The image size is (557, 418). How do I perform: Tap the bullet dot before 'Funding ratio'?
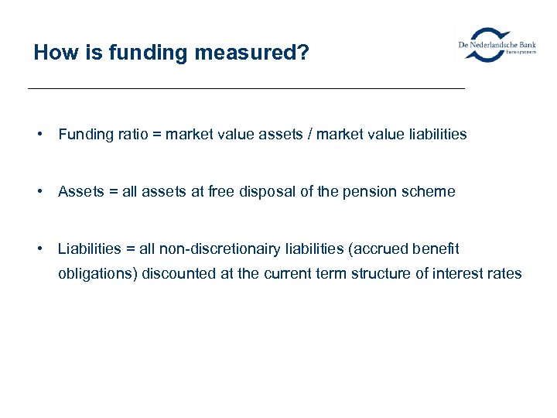pos(38,134)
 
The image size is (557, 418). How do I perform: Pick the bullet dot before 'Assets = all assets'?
pos(38,191)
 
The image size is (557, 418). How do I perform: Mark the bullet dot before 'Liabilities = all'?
pos(38,248)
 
